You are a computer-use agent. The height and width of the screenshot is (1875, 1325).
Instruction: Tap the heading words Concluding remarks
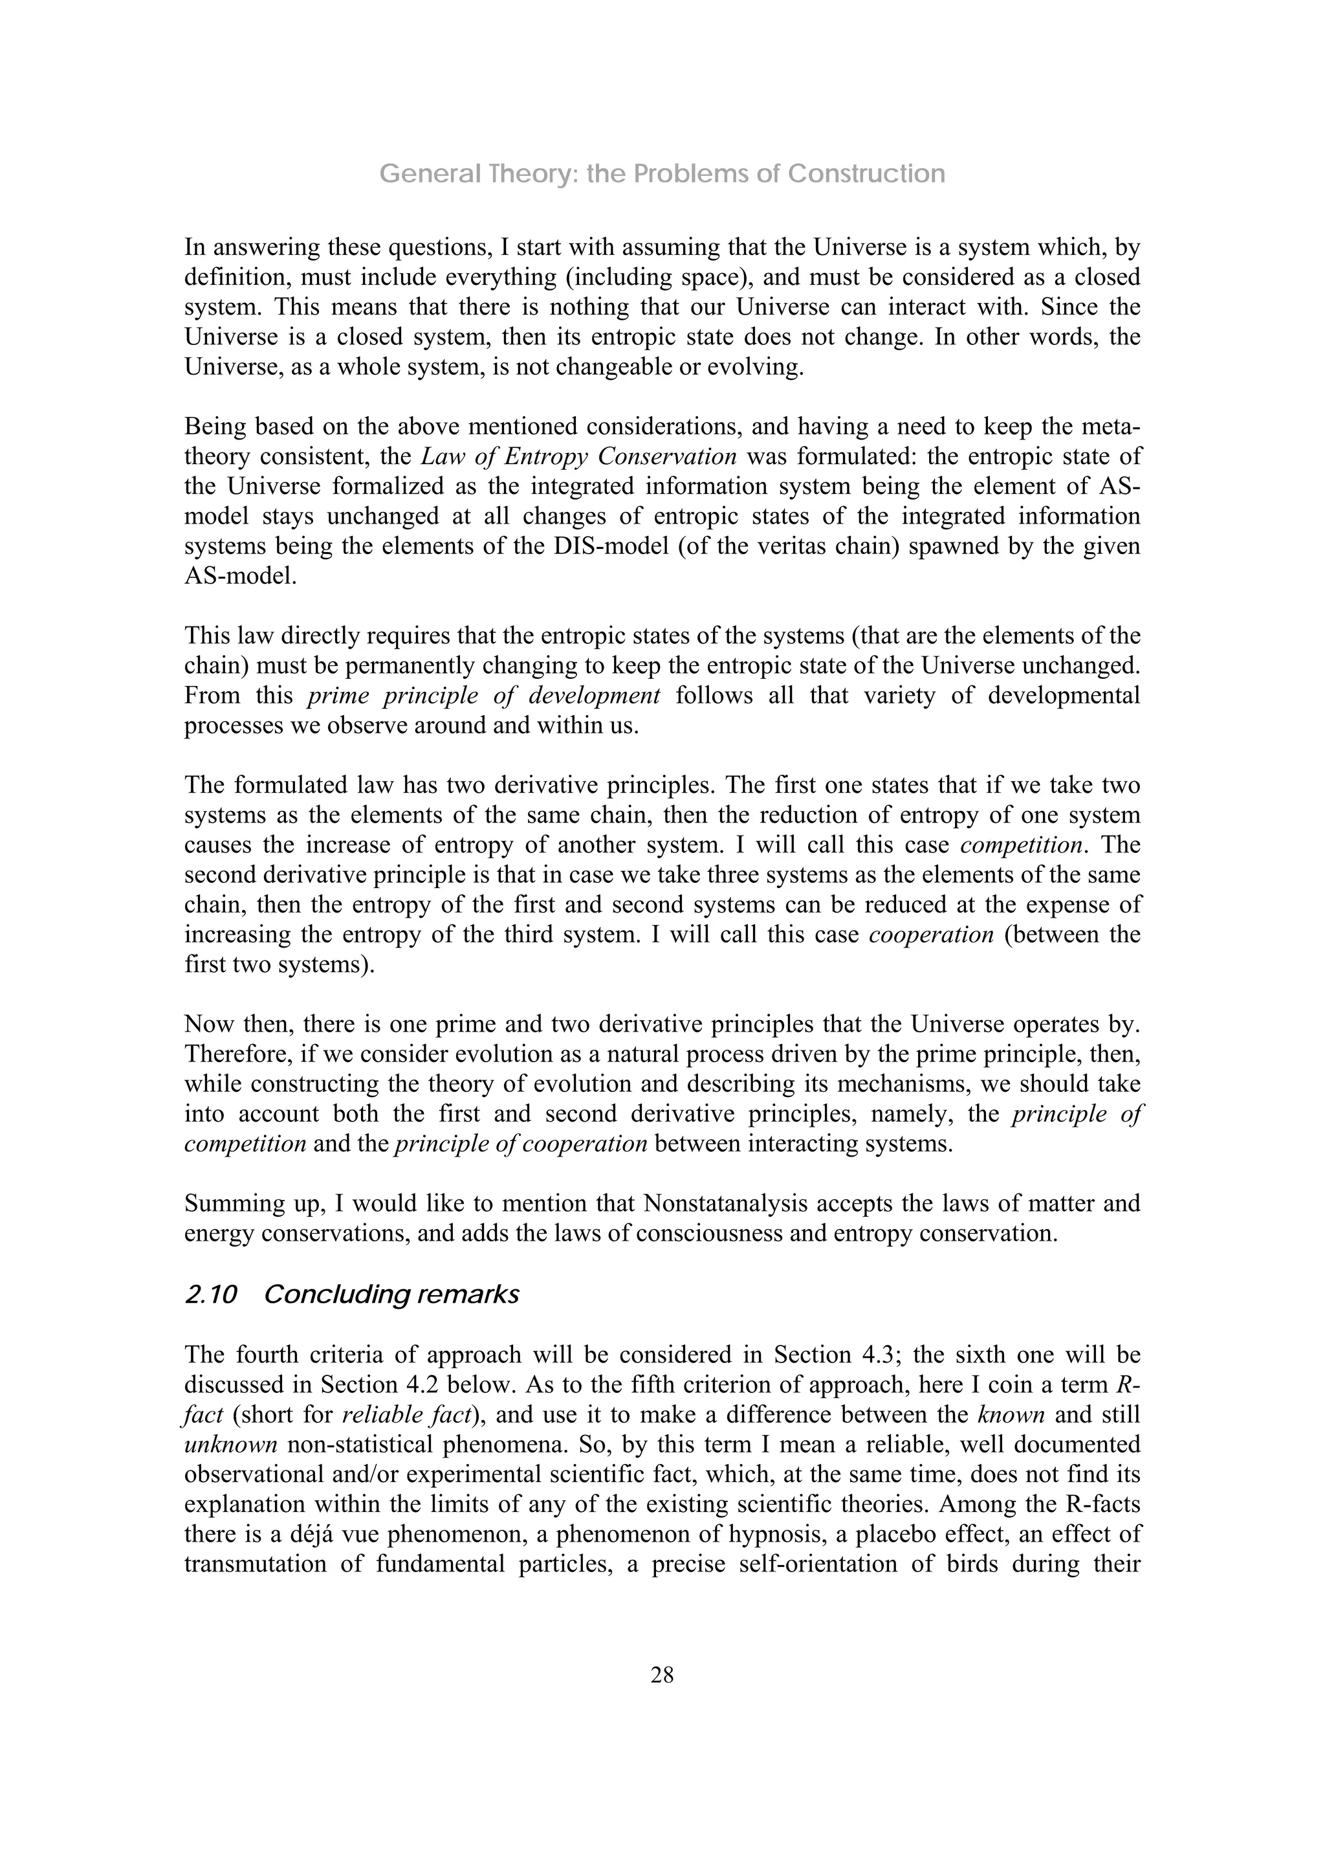click(x=392, y=1295)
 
